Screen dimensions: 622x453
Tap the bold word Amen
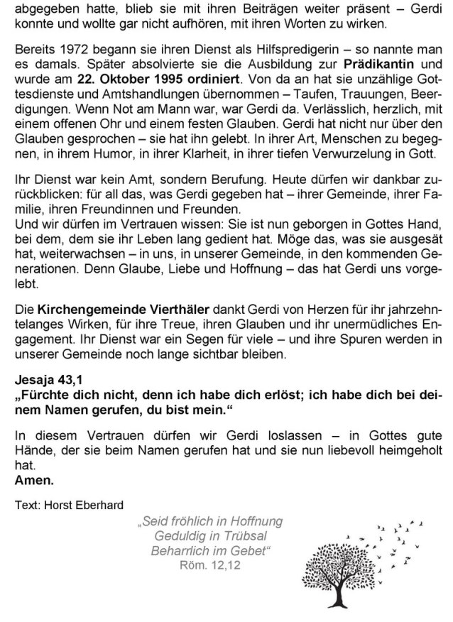[33, 480]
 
